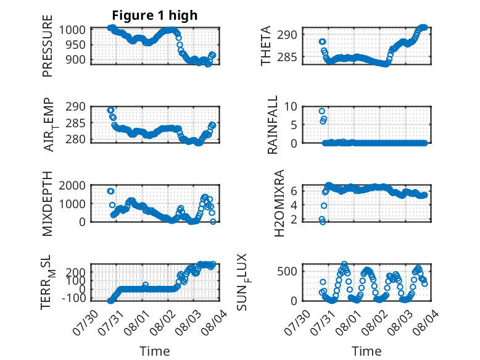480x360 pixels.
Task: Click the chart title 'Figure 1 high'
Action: coord(155,15)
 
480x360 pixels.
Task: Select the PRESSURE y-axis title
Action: coord(48,46)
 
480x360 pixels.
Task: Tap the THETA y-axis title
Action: coord(266,46)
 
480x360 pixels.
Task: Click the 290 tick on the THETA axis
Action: coord(287,35)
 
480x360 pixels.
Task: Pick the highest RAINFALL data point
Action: coord(321,111)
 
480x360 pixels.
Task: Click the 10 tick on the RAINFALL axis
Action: coord(291,107)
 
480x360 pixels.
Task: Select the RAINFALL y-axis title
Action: coord(273,125)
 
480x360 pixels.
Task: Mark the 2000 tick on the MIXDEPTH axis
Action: coord(72,185)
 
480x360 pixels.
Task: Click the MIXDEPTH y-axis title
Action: coord(48,204)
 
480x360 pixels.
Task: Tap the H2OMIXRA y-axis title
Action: coord(279,203)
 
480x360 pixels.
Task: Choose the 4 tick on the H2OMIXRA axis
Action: coord(294,205)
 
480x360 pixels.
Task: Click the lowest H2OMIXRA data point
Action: coord(323,222)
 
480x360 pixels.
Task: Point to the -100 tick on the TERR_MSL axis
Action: coord(74,298)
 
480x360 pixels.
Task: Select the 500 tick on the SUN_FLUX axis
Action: coord(287,272)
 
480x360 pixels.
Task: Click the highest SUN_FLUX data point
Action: coord(344,264)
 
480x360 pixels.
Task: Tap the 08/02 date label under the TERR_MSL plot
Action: coord(162,322)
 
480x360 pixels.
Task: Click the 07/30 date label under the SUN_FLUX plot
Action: coord(297,322)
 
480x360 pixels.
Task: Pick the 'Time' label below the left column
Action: coord(155,351)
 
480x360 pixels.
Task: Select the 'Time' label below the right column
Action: coord(366,351)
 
